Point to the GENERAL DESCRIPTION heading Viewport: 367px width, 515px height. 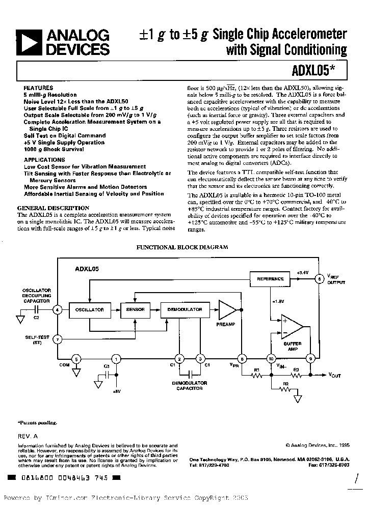point(54,208)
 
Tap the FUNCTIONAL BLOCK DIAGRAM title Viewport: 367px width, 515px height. point(181,247)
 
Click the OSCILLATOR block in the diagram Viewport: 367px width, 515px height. point(90,309)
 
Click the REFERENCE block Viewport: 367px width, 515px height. point(270,279)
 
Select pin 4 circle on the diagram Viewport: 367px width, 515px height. point(58,309)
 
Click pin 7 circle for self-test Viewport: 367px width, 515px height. point(58,339)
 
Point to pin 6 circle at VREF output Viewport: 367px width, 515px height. point(320,279)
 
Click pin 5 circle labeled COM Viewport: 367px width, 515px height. point(76,360)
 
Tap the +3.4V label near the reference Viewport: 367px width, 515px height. point(303,273)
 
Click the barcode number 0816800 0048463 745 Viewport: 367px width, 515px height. point(65,478)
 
